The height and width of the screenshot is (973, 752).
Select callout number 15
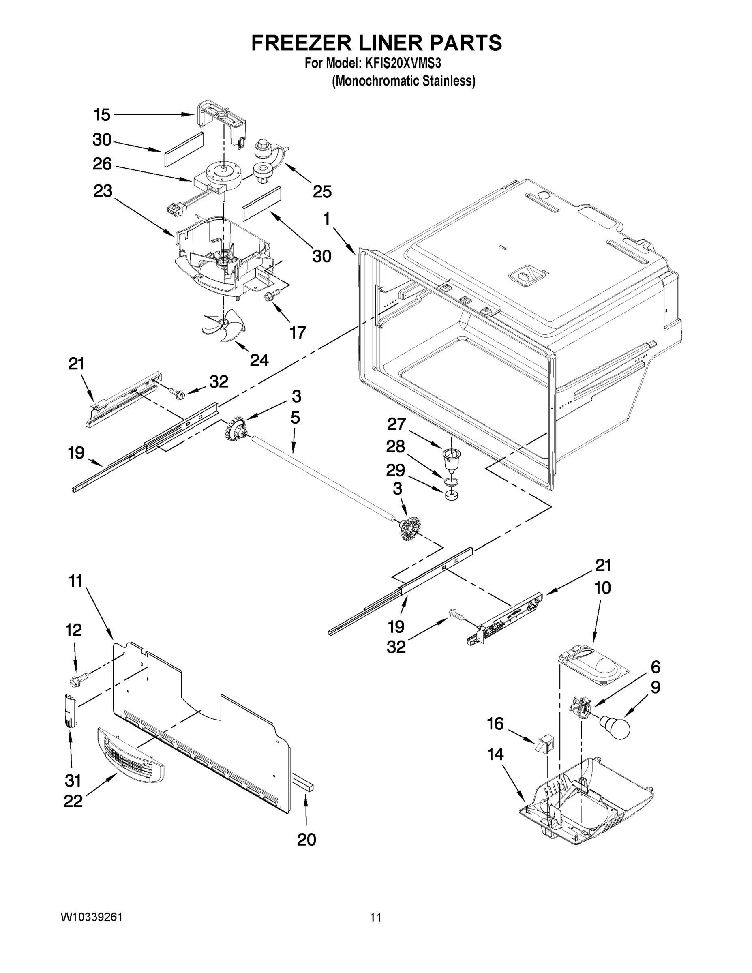[x=102, y=115]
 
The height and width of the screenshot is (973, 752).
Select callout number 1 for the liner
[x=327, y=219]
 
